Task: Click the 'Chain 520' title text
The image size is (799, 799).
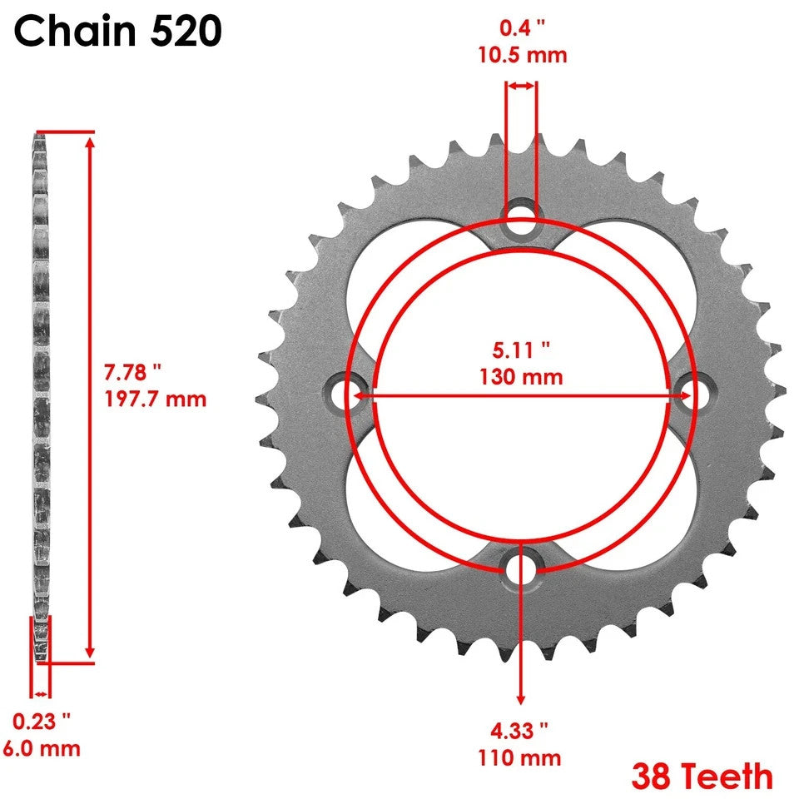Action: pos(118,32)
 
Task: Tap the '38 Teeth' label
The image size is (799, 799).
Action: pos(702,776)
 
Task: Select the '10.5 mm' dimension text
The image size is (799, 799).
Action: pos(522,56)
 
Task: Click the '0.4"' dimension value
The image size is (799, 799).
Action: pos(522,28)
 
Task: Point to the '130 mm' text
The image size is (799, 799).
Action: pos(521,376)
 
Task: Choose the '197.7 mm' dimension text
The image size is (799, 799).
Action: pos(156,399)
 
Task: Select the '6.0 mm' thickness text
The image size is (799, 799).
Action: pos(42,747)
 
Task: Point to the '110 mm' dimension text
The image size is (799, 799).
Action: pos(520,758)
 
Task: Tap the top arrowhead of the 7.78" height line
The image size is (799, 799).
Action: pos(90,140)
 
